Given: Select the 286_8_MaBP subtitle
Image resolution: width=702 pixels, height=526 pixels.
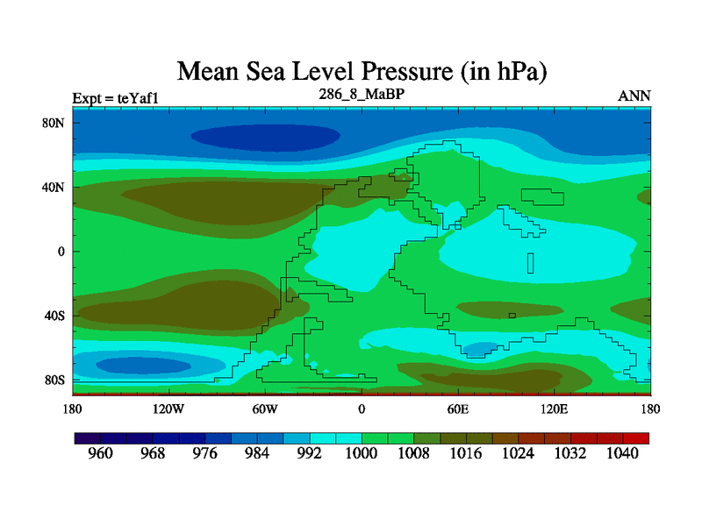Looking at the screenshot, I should tap(361, 92).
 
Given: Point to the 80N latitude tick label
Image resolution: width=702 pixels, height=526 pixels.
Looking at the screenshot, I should tap(54, 123).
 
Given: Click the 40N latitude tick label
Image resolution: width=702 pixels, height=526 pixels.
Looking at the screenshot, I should tap(54, 187).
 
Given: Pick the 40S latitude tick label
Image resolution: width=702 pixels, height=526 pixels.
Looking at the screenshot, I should tap(54, 316).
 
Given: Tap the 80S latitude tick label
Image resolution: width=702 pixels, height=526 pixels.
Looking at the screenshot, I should tap(54, 380).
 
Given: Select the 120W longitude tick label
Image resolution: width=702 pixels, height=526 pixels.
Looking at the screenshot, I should tap(168, 409).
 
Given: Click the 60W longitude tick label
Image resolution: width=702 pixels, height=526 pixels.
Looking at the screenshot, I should tap(265, 409).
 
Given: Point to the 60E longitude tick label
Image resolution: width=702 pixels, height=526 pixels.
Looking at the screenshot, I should tap(458, 409).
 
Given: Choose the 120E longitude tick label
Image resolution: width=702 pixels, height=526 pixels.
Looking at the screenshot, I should tap(555, 409).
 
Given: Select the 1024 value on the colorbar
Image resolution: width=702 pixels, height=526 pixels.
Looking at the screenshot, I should tap(518, 453).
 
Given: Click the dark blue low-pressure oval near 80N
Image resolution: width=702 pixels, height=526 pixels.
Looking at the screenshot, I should tap(265, 137).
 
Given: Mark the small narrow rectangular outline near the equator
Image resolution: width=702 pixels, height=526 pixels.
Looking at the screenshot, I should tap(530, 262).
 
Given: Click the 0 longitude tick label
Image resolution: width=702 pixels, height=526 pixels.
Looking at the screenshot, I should tap(362, 409).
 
